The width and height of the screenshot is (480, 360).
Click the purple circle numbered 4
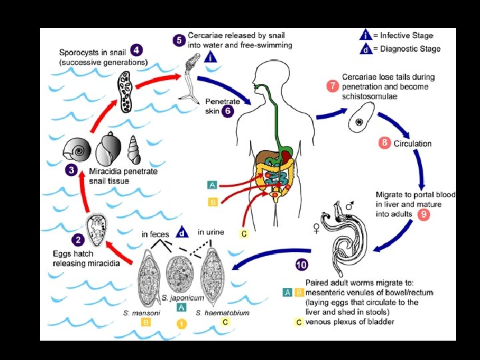(136, 50)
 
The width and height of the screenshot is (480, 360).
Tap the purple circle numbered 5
(179, 40)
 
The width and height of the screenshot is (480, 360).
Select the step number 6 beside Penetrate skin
(228, 111)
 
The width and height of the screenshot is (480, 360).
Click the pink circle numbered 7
(332, 87)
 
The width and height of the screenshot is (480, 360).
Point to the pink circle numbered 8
(384, 143)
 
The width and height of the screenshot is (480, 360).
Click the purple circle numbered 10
(302, 265)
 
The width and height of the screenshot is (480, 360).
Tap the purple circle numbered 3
(70, 170)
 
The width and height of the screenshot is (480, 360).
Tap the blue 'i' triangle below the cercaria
(211, 57)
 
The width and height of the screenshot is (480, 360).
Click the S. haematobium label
(223, 312)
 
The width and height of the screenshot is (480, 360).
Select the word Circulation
(413, 143)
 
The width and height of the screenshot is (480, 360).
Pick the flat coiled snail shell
(77, 151)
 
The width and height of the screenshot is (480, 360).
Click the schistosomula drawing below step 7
(362, 121)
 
